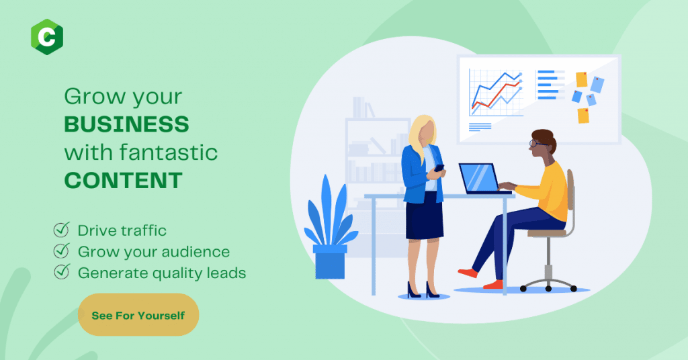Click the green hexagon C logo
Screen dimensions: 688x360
[47, 37]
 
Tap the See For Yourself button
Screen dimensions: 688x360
[138, 315]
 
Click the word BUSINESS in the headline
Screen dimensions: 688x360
[126, 124]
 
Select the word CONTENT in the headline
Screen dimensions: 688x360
[124, 180]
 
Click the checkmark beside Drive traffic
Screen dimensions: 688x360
[61, 229]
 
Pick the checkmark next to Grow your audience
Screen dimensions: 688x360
[61, 251]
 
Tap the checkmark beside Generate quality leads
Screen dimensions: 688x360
[61, 272]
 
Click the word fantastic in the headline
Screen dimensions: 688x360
[169, 152]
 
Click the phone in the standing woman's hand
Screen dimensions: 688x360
[439, 168]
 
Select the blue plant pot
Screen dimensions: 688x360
[331, 262]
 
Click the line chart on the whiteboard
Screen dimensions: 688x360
[496, 93]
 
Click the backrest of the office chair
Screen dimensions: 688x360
[570, 190]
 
